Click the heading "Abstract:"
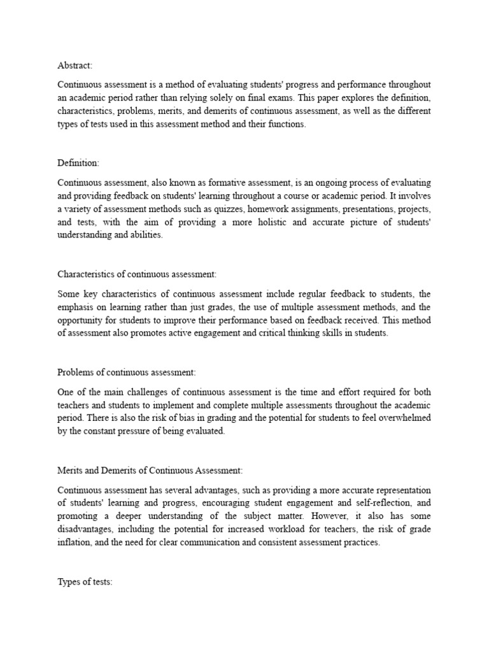75,64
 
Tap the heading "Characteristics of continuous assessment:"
137,274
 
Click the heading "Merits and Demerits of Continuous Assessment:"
150,470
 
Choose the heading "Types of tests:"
85,582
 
